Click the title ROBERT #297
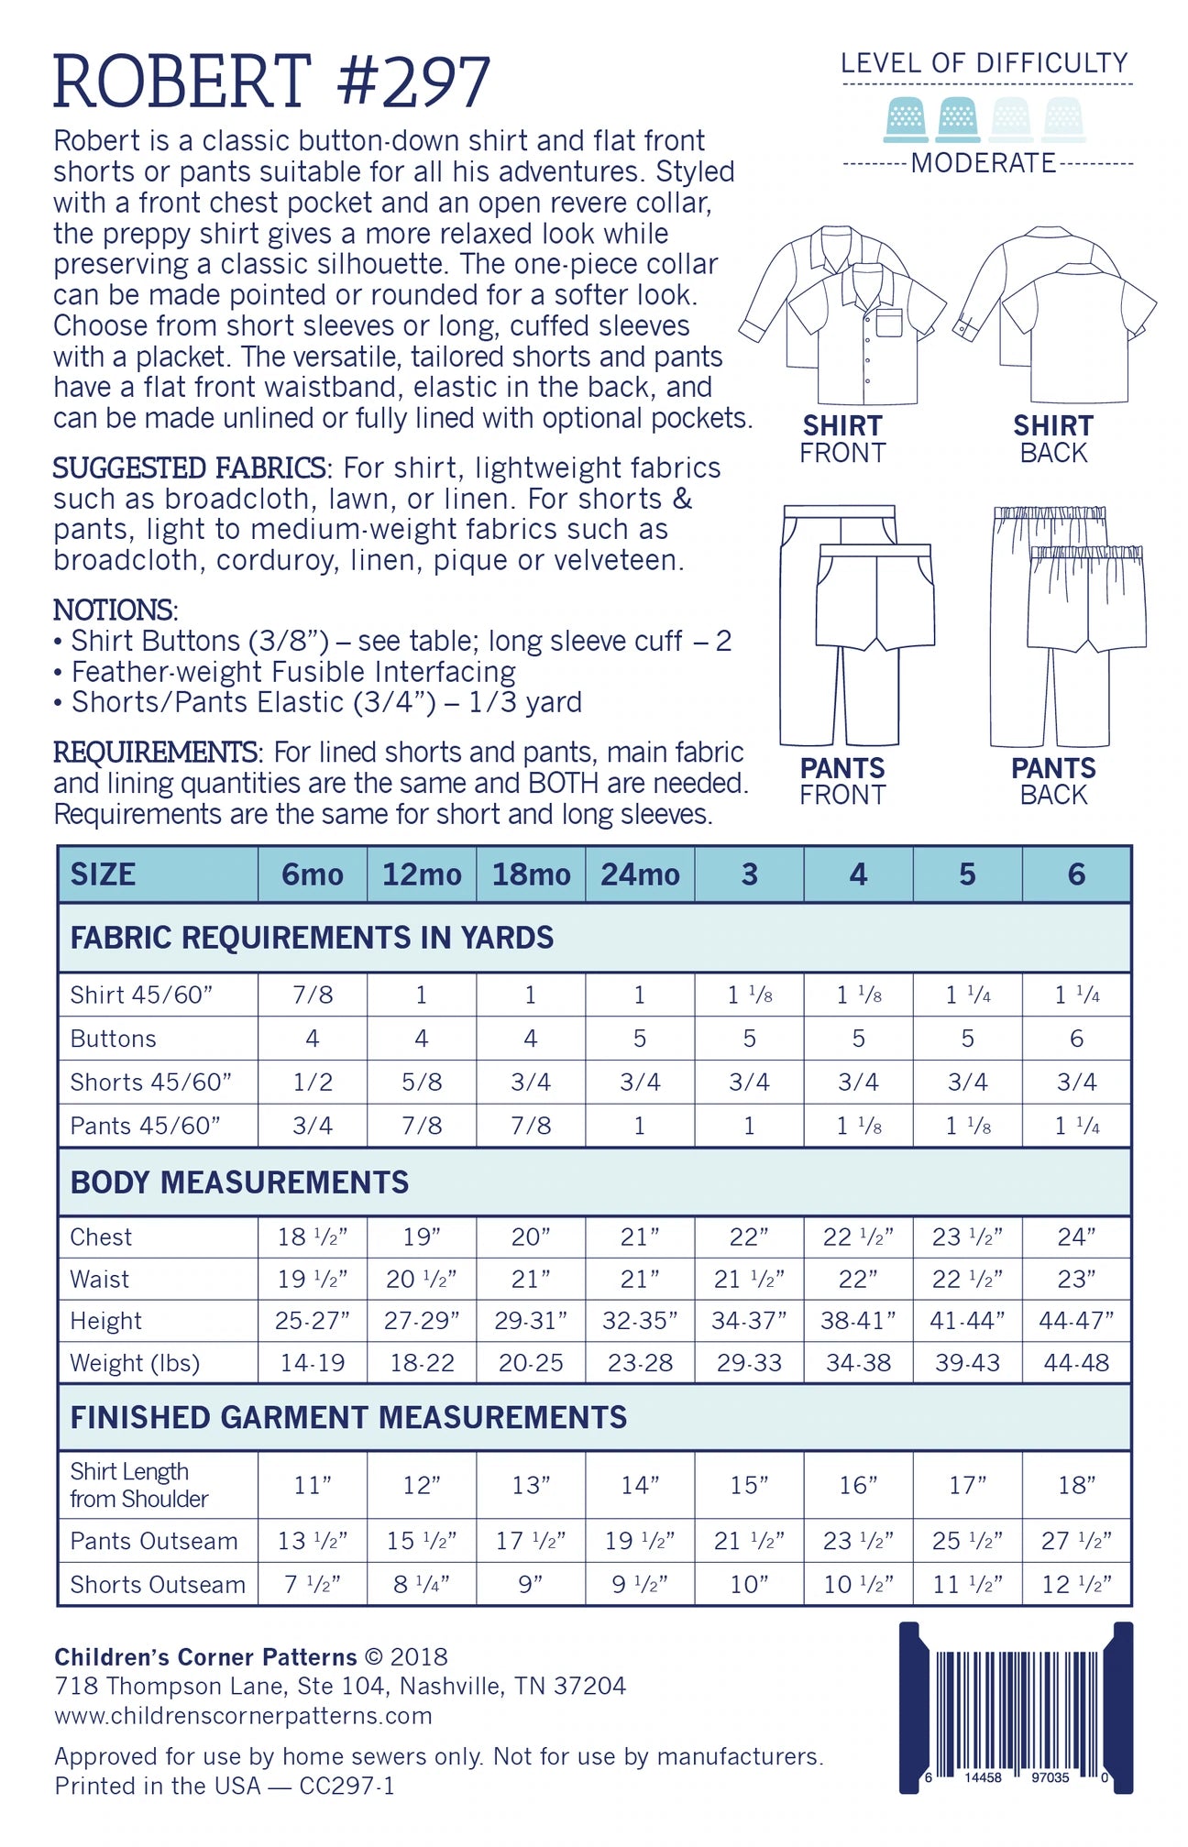pos(271,82)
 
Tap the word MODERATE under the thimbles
pos(984,163)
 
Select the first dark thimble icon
pos(905,120)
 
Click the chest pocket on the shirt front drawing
pos(888,323)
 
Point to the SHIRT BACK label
pos(1053,439)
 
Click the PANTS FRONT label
pos(842,781)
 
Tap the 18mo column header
pos(531,874)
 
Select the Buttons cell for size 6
pos(1076,1039)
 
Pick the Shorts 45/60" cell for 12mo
pos(422,1082)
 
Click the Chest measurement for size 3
pos(749,1237)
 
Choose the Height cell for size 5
pos(967,1321)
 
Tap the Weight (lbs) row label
pos(135,1363)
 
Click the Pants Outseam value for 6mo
pos(313,1541)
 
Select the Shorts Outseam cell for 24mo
pos(640,1584)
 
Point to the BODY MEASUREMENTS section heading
pos(239,1182)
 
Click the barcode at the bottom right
pos(1016,1707)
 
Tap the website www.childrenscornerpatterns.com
pos(243,1716)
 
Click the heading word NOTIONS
pos(114,610)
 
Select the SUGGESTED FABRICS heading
pos(189,468)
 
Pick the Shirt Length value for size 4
pos(858,1485)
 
